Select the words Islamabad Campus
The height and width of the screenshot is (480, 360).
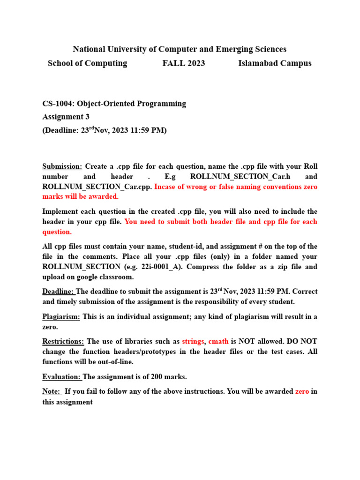[x=275, y=63]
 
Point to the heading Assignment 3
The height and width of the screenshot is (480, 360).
[x=66, y=117]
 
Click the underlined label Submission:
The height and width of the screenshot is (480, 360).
[x=62, y=166]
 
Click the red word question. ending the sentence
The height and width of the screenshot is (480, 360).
[x=57, y=232]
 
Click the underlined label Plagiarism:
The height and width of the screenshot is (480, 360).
[x=61, y=316]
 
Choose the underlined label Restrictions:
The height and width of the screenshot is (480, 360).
[x=63, y=341]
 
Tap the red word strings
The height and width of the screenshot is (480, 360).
[x=193, y=341]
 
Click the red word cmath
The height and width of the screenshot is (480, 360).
[x=218, y=341]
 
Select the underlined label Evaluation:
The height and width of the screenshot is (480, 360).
[x=61, y=376]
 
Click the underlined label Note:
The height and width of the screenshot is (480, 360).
[x=52, y=391]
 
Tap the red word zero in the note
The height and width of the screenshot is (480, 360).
[x=302, y=391]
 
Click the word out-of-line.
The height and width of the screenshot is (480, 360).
[x=117, y=361]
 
